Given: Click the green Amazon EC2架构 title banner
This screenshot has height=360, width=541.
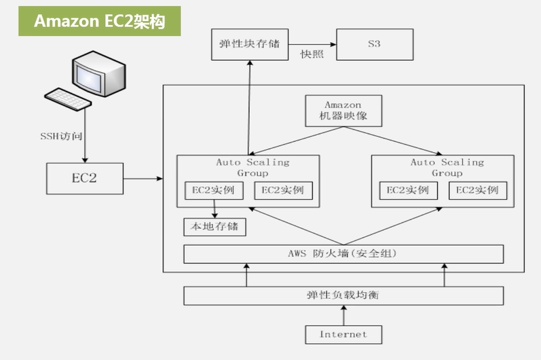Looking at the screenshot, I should coord(99,21).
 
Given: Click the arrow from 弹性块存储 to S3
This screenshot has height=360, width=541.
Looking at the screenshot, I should coord(313,42).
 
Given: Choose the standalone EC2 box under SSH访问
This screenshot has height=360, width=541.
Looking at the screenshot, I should coord(85,179).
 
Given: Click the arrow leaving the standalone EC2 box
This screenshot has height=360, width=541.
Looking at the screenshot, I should coord(143,179).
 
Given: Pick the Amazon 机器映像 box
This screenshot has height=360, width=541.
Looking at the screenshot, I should coord(343,111).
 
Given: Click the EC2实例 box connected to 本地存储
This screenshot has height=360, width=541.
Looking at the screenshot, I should coord(213,190).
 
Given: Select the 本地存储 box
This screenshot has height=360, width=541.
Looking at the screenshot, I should coord(214,226).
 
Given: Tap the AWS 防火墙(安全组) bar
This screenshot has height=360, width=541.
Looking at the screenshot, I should coord(343,254).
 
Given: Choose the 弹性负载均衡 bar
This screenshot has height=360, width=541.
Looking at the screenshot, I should coord(343,296).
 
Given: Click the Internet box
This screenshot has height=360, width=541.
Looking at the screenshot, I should coord(343,334).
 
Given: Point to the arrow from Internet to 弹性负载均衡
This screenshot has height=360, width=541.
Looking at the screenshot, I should coord(343,315).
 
